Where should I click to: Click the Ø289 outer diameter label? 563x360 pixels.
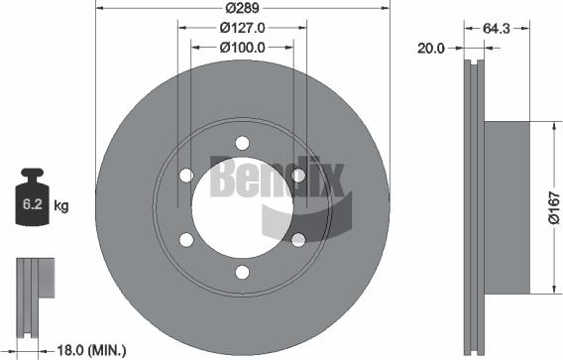242,8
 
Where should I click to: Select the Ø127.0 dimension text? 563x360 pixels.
243,28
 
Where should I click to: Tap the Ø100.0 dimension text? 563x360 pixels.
243,47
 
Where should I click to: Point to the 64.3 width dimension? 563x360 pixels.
497,29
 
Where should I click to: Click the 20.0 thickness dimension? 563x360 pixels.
431,49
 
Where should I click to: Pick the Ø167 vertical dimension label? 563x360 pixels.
554,207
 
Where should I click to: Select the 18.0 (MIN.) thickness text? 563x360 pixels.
91,349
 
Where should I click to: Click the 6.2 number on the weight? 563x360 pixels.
33,204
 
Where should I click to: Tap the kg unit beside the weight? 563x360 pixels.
61,206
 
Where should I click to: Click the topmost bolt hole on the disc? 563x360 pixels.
243,143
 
